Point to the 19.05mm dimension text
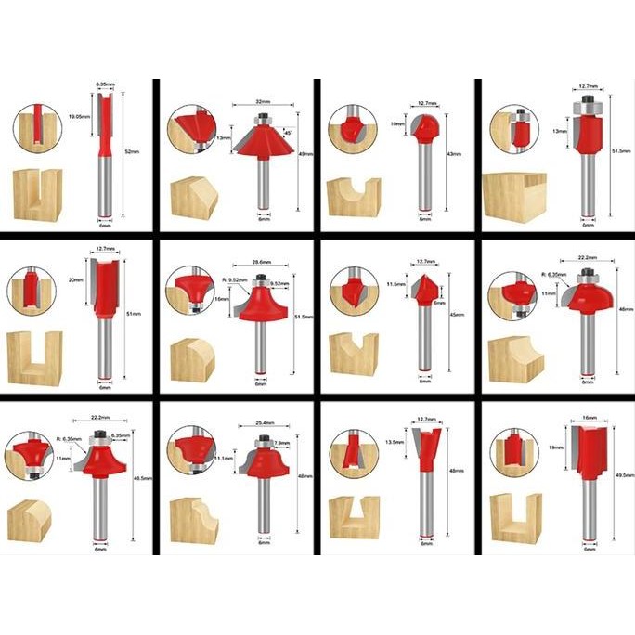80,118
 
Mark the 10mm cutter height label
397,123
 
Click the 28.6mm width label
263,263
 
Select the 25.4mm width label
264,426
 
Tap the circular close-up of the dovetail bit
354,453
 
